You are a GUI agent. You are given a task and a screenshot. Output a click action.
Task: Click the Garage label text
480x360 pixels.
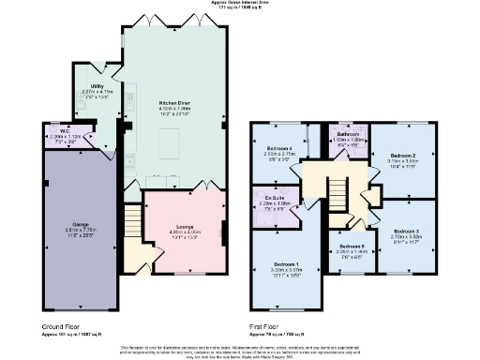[x=82, y=224]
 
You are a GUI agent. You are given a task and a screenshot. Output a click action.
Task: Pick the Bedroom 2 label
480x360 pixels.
[x=402, y=155]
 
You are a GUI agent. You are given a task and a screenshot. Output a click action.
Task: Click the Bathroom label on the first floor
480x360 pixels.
[x=349, y=135]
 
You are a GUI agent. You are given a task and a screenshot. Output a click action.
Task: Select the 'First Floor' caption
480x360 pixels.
[x=265, y=327]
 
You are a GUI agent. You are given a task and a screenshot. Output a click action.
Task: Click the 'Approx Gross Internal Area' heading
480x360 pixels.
[x=240, y=4]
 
